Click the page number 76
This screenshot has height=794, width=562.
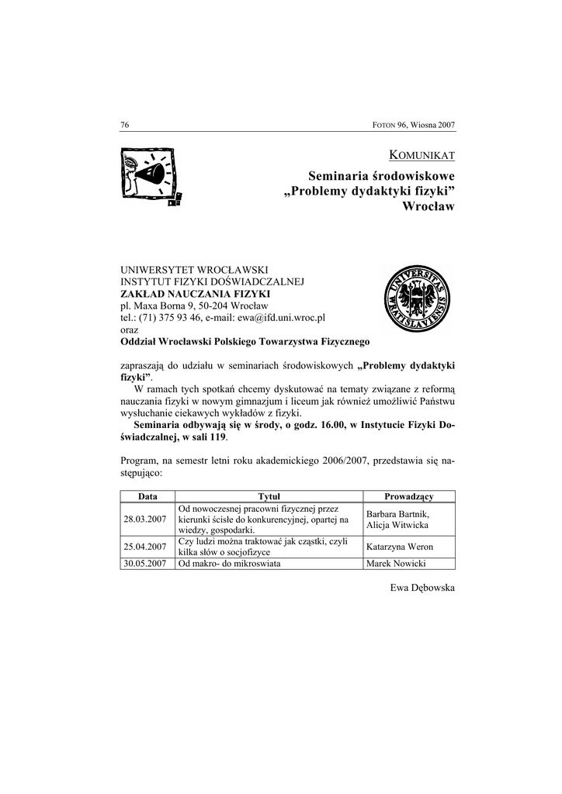click(124, 125)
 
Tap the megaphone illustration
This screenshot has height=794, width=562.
click(151, 176)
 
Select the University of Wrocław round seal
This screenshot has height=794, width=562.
click(417, 298)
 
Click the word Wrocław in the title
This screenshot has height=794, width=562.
click(429, 207)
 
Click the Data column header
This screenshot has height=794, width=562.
click(147, 496)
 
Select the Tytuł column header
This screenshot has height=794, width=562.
click(269, 496)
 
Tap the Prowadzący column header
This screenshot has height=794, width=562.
click(409, 496)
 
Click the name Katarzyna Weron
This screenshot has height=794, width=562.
click(400, 547)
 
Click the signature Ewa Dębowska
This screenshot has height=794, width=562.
click(422, 589)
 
